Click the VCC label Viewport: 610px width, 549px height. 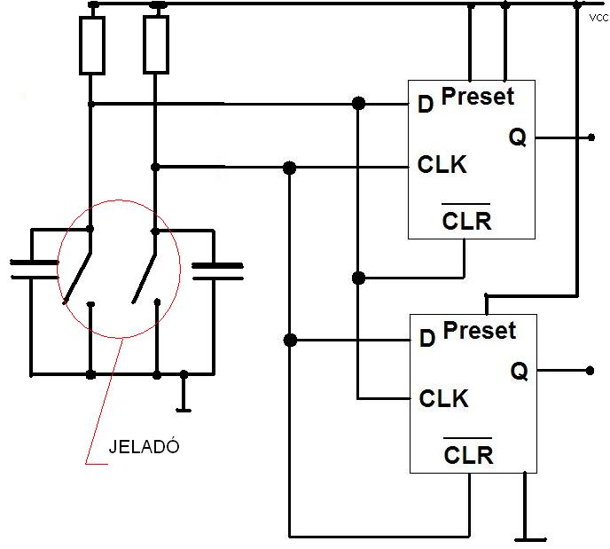click(599, 18)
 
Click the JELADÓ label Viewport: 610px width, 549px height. click(144, 446)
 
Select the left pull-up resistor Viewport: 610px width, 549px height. click(92, 45)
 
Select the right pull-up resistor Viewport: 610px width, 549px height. click(156, 44)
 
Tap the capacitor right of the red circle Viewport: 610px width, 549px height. click(217, 271)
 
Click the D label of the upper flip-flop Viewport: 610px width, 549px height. click(426, 104)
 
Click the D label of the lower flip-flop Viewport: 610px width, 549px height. click(427, 338)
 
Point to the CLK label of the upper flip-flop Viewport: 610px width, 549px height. click(442, 164)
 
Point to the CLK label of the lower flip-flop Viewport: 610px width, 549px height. click(443, 398)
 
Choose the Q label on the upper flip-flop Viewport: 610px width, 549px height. click(518, 137)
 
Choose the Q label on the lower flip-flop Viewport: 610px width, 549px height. click(520, 371)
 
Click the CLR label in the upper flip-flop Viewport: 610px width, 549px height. click(466, 220)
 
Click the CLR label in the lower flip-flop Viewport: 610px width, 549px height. click(468, 454)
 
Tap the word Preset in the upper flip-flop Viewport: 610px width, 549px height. click(478, 96)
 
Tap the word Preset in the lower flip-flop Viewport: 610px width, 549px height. click(480, 330)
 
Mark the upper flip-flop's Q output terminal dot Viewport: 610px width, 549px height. click(590, 137)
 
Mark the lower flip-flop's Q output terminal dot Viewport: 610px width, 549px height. click(590, 371)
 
